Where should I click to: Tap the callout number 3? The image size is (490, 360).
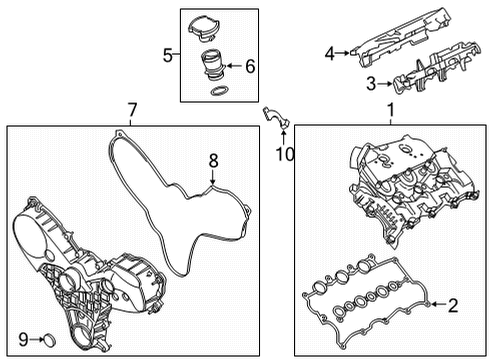369,85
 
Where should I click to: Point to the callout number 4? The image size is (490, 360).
329,54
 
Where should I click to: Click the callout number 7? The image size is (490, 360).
131,108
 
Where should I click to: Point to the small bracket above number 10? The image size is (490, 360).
274,119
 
